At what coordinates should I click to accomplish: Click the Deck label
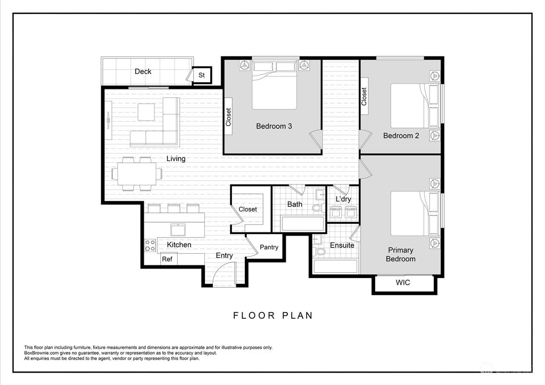tap(143, 71)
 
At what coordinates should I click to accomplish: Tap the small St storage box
tap(202, 76)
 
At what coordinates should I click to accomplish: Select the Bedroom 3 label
tap(274, 126)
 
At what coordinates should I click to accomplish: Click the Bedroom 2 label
tap(401, 136)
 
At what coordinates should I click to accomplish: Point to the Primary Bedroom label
tap(400, 254)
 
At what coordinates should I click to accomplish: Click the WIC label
tap(403, 283)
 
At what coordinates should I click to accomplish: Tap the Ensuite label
tap(342, 245)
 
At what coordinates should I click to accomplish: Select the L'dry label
tap(343, 199)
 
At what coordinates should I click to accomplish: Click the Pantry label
tap(269, 247)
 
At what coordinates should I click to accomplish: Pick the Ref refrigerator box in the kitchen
tap(167, 260)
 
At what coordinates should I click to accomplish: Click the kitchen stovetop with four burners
tap(150, 245)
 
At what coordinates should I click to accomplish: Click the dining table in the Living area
tap(137, 173)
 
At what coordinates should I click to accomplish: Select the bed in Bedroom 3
tap(274, 85)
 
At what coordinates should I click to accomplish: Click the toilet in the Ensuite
tap(320, 250)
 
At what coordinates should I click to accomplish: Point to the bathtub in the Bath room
tap(302, 223)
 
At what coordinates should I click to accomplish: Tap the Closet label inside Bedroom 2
tap(364, 96)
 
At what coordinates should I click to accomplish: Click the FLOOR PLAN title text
tap(273, 315)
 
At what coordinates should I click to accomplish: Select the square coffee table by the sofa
tap(146, 112)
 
